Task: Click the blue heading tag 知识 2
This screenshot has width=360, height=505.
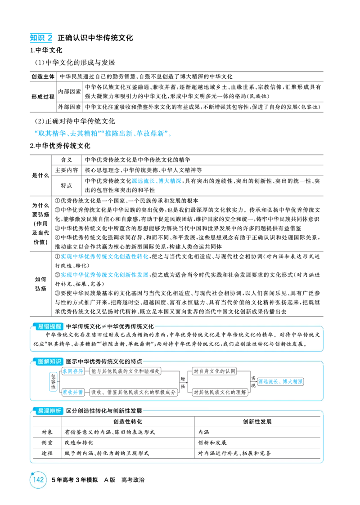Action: point(41,38)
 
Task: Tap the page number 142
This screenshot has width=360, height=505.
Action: point(38,480)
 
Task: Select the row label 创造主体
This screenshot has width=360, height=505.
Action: point(43,76)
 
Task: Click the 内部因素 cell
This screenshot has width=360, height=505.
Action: point(69,91)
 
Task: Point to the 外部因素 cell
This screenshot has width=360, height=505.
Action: point(69,107)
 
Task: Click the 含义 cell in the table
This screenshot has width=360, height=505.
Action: point(67,160)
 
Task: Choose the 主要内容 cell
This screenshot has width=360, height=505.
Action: point(67,170)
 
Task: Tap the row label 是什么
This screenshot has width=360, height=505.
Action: point(40,175)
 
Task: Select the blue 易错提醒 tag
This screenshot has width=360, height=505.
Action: point(49,326)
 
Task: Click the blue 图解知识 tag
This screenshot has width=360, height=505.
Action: point(49,362)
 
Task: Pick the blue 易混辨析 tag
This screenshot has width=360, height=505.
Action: point(49,411)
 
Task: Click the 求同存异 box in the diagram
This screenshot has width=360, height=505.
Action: point(73,371)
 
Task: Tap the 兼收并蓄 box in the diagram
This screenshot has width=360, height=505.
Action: point(73,392)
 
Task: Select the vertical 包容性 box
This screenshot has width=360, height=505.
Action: point(53,382)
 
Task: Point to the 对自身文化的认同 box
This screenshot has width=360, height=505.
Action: point(214,371)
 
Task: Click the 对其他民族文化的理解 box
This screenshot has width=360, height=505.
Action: point(220,392)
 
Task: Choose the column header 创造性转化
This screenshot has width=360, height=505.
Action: point(128,422)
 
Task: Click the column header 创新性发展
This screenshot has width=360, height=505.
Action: point(257,422)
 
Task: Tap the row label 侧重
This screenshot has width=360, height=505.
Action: point(47,442)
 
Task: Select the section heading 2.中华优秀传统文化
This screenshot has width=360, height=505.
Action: point(60,146)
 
